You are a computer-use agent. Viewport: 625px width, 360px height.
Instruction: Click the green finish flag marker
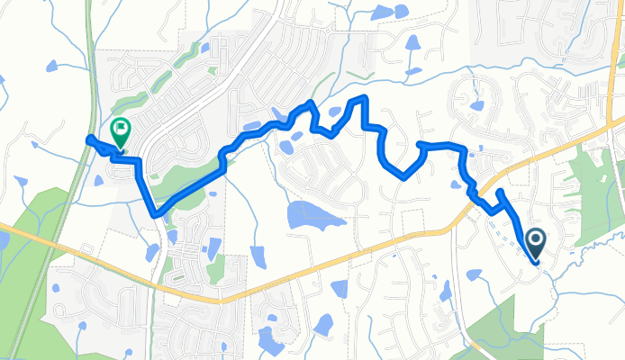(x=119, y=133)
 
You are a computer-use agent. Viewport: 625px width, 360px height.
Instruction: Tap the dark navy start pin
(x=535, y=241)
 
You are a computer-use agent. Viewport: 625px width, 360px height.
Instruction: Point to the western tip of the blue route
(x=88, y=138)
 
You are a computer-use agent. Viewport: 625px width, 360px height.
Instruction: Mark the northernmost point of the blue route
(x=364, y=97)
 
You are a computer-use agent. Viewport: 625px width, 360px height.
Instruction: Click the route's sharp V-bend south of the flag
(x=157, y=214)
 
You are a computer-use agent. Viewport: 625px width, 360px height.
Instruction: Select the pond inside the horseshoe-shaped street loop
(x=475, y=104)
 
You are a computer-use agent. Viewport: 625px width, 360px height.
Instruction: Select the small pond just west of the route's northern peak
(x=335, y=112)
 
